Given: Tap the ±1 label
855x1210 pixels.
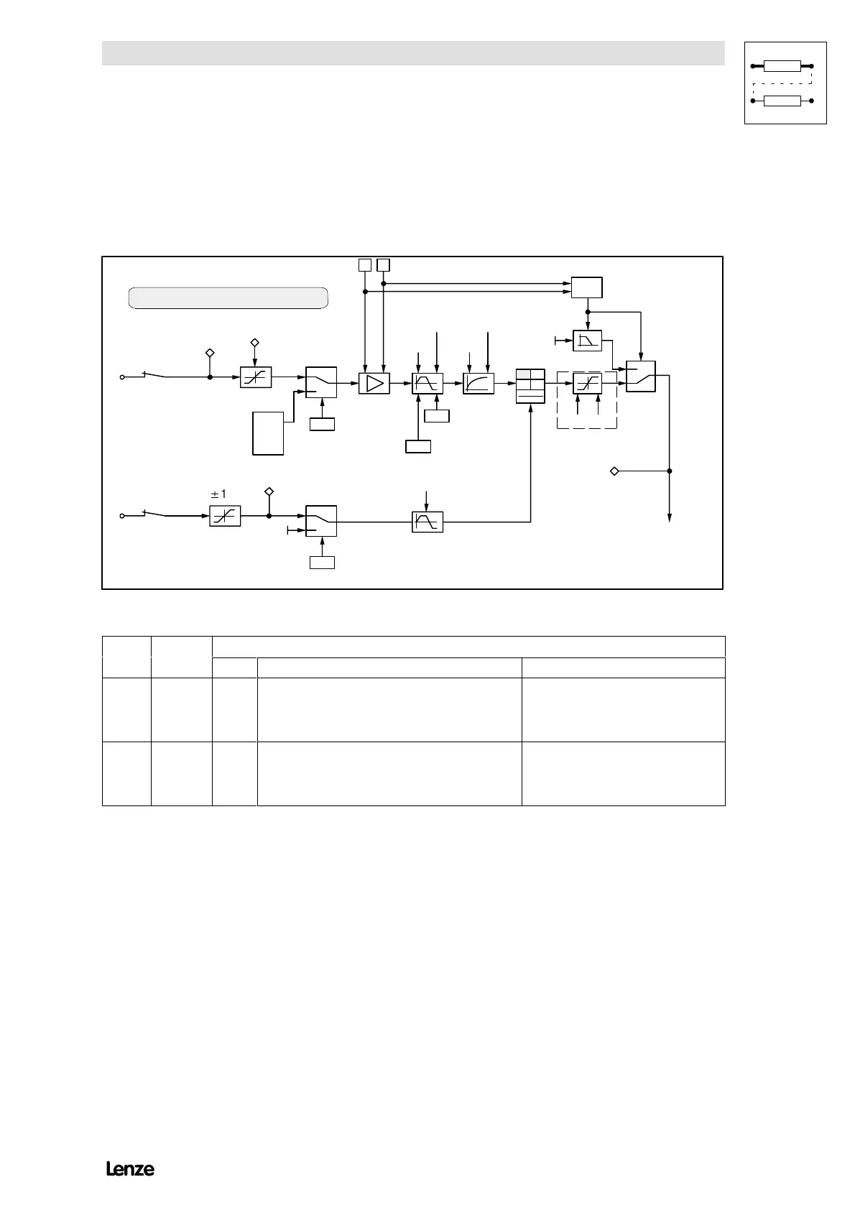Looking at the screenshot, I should (x=218, y=494).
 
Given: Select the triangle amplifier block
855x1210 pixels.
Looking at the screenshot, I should (x=374, y=384).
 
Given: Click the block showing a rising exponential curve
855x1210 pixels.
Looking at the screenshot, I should (x=479, y=384).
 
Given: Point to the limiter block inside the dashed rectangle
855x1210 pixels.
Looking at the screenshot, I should (x=588, y=384).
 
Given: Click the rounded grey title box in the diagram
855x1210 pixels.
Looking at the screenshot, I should (x=228, y=297).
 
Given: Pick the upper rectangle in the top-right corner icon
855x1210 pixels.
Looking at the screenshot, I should (x=782, y=67).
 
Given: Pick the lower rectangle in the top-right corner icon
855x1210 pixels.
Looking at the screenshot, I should (x=782, y=101).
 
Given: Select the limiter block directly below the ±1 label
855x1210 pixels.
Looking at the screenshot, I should (x=225, y=516).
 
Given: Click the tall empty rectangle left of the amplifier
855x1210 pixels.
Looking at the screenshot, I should (x=268, y=433).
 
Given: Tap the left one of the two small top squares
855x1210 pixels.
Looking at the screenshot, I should (x=365, y=264).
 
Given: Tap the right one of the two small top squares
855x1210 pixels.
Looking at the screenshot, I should (x=384, y=264).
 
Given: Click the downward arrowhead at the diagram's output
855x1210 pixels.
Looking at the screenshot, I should (x=670, y=518).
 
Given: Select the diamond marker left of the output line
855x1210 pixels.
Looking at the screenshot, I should (x=614, y=471).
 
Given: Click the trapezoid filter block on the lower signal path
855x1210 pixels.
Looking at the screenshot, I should (x=427, y=522).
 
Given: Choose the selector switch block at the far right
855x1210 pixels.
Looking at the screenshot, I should (x=640, y=376).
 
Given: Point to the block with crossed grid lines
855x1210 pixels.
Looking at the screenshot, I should (x=531, y=386).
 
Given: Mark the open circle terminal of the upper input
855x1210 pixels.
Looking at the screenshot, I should (x=121, y=377).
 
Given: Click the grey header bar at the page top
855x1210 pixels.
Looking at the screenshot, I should (x=412, y=53).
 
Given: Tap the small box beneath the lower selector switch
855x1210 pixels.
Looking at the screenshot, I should (x=322, y=562).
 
